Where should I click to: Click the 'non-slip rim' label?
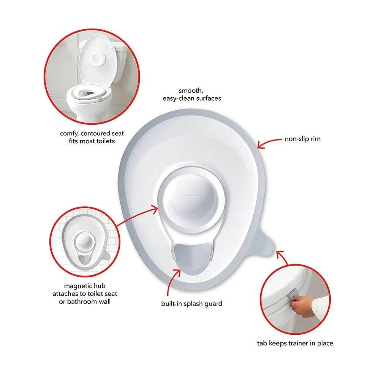pyautogui.click(x=302, y=139)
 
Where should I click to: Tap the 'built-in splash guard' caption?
pyautogui.click(x=192, y=304)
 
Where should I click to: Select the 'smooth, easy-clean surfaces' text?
pyautogui.click(x=192, y=94)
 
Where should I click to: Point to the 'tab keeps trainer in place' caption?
pyautogui.click(x=295, y=343)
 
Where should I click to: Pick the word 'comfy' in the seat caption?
pyautogui.click(x=69, y=133)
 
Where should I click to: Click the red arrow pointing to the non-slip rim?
pyautogui.click(x=269, y=142)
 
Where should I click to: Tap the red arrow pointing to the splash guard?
pyautogui.click(x=172, y=281)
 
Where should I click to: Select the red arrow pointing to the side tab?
pyautogui.click(x=282, y=257)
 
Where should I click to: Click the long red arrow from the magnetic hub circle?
pyautogui.click(x=137, y=216)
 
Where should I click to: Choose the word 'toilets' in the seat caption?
pyautogui.click(x=105, y=141)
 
